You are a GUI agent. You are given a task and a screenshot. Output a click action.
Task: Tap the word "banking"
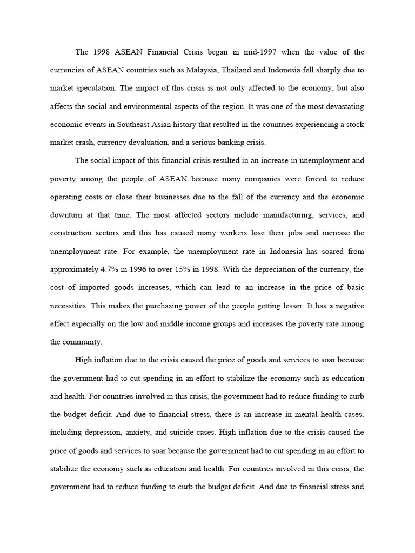pos(227,143)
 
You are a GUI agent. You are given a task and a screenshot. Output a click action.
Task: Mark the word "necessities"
pos(68,306)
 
